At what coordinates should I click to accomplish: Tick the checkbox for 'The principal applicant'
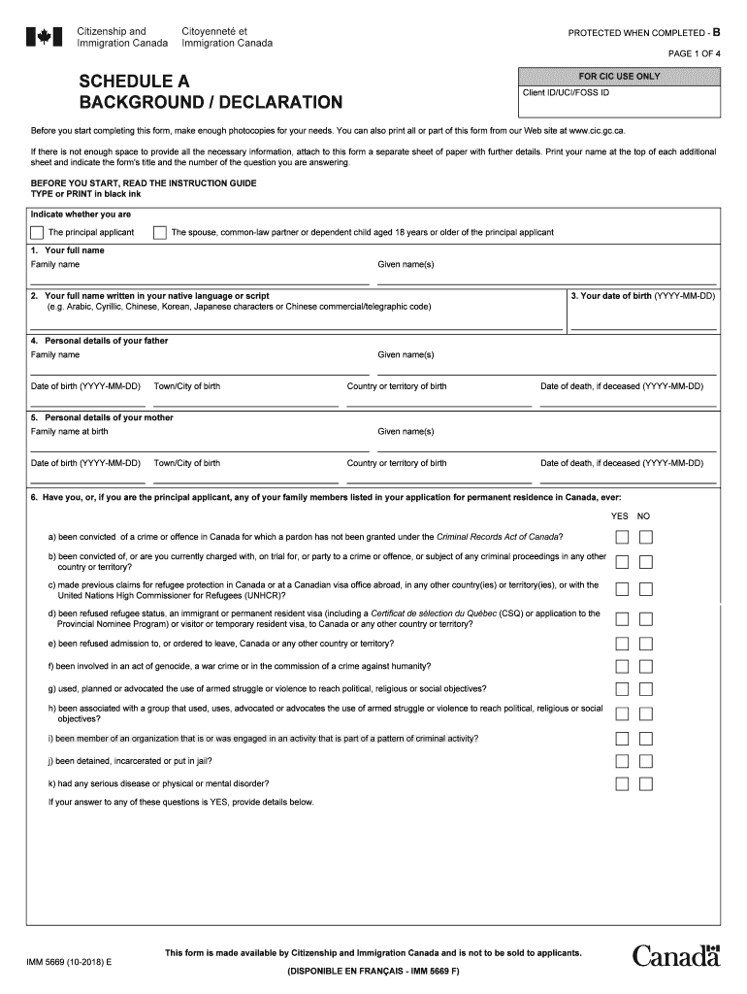tap(37, 233)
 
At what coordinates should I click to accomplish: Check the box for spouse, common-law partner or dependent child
tap(159, 233)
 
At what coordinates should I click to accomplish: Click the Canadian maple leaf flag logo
tap(44, 37)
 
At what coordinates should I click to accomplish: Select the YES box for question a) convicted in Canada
tap(622, 538)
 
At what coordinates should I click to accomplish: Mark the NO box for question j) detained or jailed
tap(646, 762)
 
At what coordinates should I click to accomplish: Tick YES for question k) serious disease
tap(622, 784)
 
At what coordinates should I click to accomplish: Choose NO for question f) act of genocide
tap(646, 666)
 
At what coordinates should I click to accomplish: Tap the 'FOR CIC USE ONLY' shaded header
tap(619, 77)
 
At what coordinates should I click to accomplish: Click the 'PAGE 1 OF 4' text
tap(692, 53)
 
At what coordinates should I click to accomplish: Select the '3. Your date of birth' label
tap(642, 295)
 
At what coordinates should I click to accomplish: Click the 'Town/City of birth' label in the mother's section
tap(187, 463)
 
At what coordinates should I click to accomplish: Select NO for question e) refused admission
tap(646, 644)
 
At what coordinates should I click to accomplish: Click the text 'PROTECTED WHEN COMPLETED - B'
tap(643, 33)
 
